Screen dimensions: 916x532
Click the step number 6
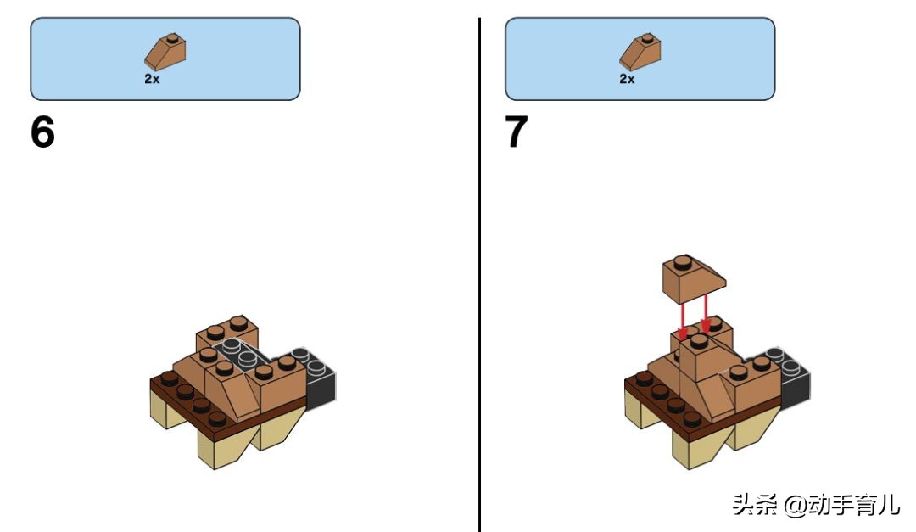pos(42,132)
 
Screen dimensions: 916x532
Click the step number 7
pos(517,132)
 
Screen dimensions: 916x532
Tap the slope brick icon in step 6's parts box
pos(165,52)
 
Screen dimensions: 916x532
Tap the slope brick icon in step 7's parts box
pos(640,52)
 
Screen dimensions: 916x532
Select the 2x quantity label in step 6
pos(152,79)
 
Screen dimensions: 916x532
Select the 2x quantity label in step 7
pos(627,79)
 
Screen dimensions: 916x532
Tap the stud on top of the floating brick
pos(682,262)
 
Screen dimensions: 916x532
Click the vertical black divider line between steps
pos(479,275)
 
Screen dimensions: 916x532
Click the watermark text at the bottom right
pos(816,504)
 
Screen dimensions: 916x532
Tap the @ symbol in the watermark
pos(795,505)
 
